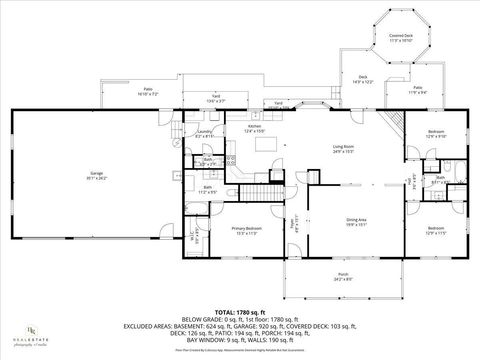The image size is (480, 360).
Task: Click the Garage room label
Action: [97, 175]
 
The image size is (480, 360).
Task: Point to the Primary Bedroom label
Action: [246, 229]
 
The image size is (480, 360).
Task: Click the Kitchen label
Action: [254, 128]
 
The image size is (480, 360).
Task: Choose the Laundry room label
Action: [203, 133]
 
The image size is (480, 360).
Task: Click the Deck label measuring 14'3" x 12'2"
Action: [362, 80]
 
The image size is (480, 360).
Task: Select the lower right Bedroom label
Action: [437, 230]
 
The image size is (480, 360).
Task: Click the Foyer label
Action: [293, 221]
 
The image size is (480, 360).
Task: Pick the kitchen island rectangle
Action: [266, 144]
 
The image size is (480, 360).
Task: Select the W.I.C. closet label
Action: [196, 235]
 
